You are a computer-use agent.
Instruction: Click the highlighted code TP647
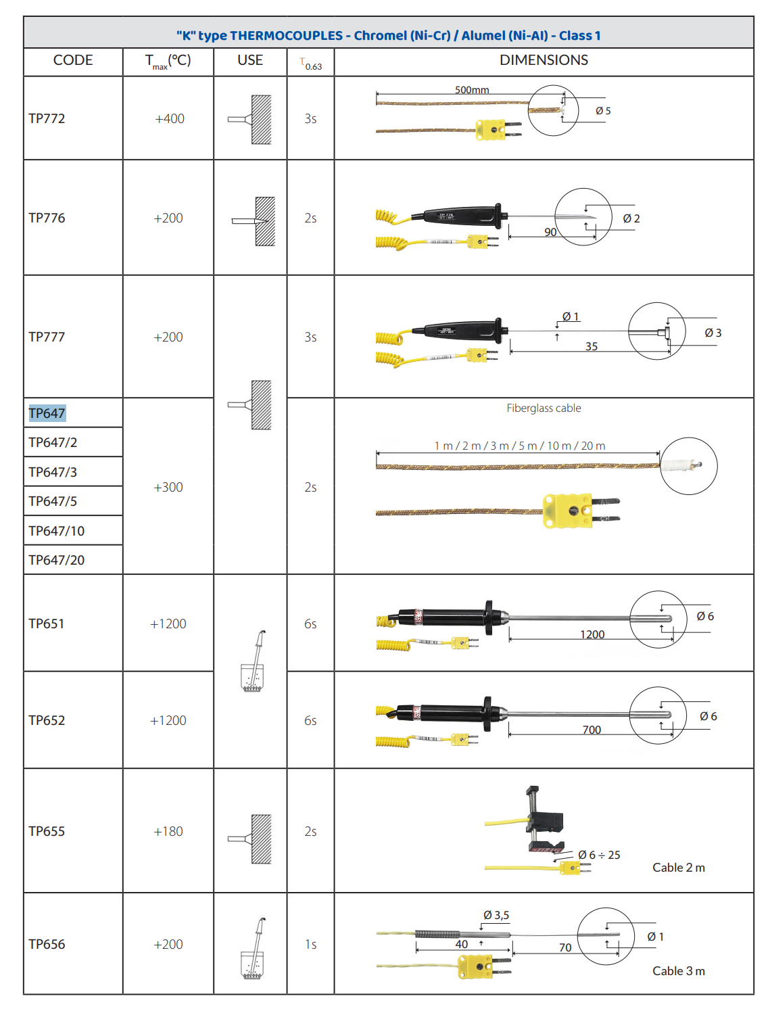(x=47, y=413)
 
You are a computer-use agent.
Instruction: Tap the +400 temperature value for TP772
(x=170, y=118)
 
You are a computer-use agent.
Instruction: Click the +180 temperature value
(x=168, y=831)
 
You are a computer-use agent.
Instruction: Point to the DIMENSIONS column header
(x=544, y=60)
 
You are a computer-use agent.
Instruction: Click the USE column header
(x=250, y=60)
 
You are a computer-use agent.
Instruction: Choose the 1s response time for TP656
(x=311, y=944)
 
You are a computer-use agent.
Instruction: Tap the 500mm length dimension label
(x=472, y=90)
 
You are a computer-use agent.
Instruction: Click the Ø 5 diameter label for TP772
(x=603, y=110)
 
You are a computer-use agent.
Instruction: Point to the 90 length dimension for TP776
(x=550, y=232)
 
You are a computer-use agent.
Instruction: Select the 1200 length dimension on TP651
(x=592, y=634)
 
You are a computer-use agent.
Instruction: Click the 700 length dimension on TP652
(x=592, y=730)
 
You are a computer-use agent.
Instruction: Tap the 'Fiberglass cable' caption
(x=544, y=408)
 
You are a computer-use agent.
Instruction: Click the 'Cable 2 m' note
(x=679, y=867)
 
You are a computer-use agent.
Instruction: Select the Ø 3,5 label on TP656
(x=496, y=915)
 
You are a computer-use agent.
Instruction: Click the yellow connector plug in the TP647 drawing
(x=581, y=511)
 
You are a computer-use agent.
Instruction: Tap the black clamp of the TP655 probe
(x=544, y=819)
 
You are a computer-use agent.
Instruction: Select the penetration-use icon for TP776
(x=253, y=221)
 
